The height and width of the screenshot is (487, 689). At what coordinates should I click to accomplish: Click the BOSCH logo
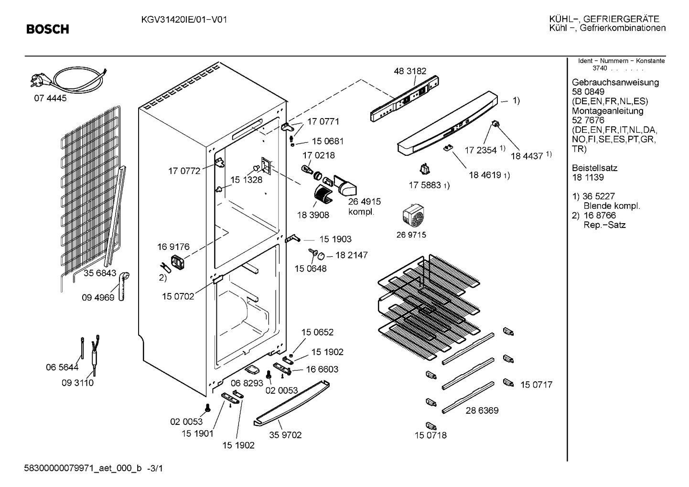(48, 29)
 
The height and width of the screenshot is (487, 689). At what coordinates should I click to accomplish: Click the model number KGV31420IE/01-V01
(184, 20)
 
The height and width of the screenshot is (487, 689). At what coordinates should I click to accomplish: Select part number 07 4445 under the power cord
(50, 98)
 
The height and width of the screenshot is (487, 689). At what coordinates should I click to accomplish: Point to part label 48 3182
(410, 71)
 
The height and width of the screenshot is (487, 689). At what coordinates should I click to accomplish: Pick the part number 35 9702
(285, 435)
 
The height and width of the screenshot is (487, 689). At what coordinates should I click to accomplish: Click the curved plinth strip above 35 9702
(291, 403)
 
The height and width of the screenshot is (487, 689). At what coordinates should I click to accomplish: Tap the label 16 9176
(173, 247)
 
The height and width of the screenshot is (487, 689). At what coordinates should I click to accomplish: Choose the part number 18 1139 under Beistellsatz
(588, 177)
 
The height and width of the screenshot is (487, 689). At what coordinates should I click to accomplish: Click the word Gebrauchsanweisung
(615, 83)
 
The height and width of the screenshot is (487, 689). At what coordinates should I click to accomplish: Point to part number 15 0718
(431, 435)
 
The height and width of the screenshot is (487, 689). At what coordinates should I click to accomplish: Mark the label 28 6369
(482, 411)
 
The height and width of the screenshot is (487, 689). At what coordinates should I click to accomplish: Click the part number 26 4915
(365, 202)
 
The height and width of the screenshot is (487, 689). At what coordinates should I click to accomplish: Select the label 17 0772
(184, 171)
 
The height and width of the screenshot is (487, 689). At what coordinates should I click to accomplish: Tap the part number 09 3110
(77, 383)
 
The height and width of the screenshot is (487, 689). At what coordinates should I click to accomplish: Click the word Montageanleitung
(607, 111)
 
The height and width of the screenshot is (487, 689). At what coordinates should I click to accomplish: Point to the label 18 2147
(352, 255)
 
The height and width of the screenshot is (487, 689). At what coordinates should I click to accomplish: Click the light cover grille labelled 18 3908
(323, 194)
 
